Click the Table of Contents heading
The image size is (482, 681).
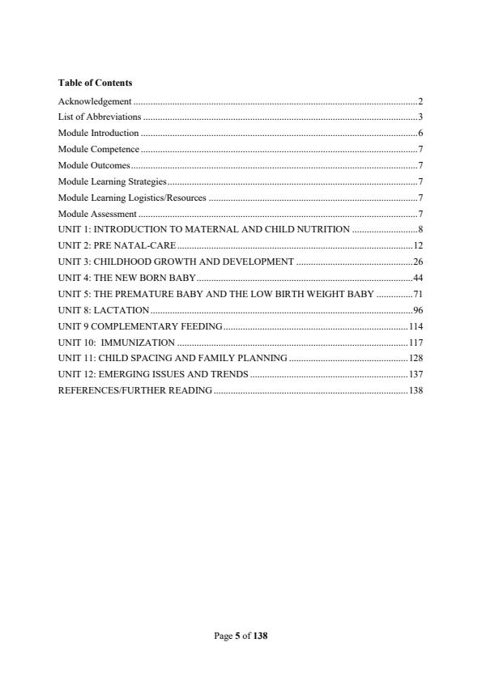(96, 83)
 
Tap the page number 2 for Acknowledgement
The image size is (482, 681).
(420, 101)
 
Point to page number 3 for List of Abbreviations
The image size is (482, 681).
(420, 117)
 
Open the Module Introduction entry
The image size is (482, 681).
(99, 133)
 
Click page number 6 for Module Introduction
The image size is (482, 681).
(420, 133)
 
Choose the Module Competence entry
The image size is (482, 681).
(99, 149)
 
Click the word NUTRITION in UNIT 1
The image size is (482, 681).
(323, 229)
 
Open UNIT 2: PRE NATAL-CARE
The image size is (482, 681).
(117, 245)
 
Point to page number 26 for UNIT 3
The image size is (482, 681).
(418, 262)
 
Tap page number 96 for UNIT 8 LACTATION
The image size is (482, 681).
(418, 310)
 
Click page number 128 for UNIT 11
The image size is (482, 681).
(416, 358)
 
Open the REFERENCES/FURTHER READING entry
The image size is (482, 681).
(135, 390)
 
